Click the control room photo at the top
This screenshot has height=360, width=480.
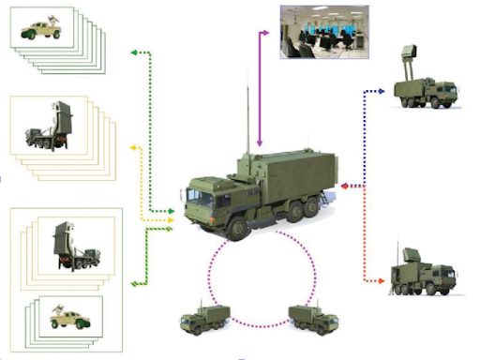point(323,31)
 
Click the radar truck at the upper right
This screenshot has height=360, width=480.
point(425,84)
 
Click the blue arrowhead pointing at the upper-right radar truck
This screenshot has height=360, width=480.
point(384,91)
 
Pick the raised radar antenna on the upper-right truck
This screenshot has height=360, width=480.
point(409,60)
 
